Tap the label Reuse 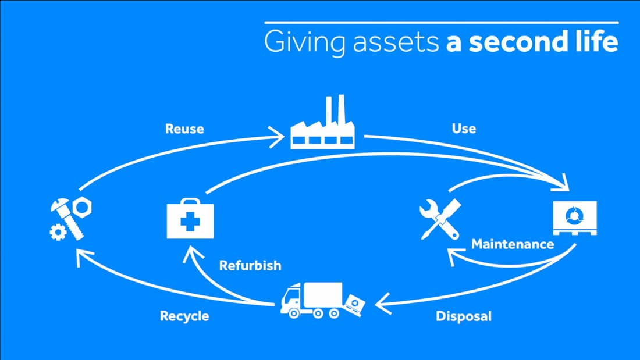click(x=184, y=129)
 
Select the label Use click(x=464, y=128)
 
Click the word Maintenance click(x=513, y=244)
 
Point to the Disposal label click(x=463, y=316)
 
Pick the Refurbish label click(x=250, y=266)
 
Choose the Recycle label click(x=184, y=316)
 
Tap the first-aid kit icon click(x=190, y=219)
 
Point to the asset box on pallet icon click(x=574, y=218)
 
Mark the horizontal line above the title click(x=441, y=22)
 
